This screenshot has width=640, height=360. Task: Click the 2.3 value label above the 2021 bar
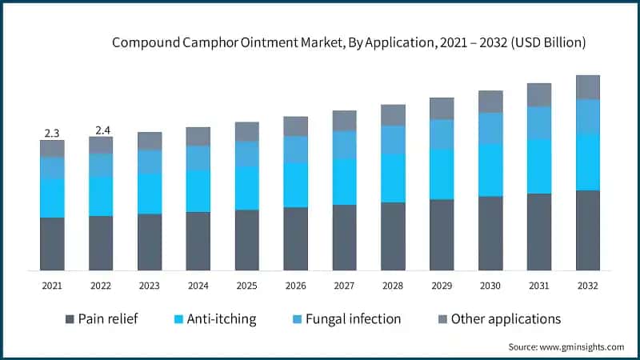(52, 133)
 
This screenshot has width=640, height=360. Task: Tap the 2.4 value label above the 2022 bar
(101, 130)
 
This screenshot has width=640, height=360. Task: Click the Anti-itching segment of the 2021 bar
(52, 198)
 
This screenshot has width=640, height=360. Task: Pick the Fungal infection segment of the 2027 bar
(345, 145)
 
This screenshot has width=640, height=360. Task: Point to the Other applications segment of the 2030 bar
(490, 102)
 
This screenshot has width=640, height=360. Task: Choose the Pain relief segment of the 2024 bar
(198, 241)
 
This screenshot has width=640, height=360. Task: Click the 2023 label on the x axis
(150, 286)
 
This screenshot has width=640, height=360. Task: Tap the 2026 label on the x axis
(296, 286)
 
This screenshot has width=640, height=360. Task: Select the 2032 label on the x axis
(588, 286)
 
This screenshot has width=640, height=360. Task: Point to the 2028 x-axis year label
(393, 286)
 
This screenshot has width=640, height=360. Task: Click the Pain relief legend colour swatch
(71, 319)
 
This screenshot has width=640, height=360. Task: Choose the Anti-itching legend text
(222, 319)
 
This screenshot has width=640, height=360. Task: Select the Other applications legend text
(506, 319)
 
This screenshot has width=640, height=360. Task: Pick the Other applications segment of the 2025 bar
(247, 132)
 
